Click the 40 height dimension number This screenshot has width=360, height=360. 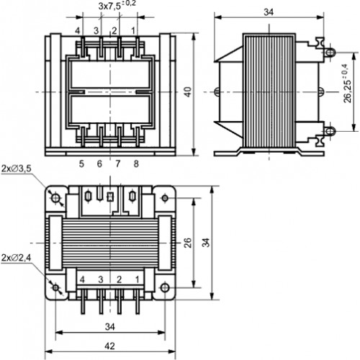[x=189, y=92]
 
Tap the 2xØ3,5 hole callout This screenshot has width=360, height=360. [x=17, y=168]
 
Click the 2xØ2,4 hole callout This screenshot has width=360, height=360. [x=16, y=258]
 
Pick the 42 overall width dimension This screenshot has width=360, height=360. [x=109, y=346]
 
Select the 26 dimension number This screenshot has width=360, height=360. [x=188, y=243]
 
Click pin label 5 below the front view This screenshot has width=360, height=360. [x=81, y=164]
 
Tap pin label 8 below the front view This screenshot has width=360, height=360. [x=136, y=164]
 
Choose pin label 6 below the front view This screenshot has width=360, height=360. [x=99, y=164]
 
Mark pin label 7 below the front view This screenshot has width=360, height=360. [x=118, y=164]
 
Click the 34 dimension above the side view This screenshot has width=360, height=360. [x=269, y=12]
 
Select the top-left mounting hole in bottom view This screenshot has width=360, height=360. [x=56, y=198]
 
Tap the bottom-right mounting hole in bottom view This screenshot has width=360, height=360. [x=165, y=287]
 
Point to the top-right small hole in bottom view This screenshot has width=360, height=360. [x=165, y=198]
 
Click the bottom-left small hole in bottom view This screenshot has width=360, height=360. [x=55, y=287]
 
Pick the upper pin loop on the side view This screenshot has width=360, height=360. [x=330, y=53]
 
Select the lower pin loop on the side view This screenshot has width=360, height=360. [x=330, y=131]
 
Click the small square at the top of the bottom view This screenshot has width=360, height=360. [x=110, y=197]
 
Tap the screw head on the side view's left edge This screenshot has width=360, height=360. [x=217, y=91]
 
